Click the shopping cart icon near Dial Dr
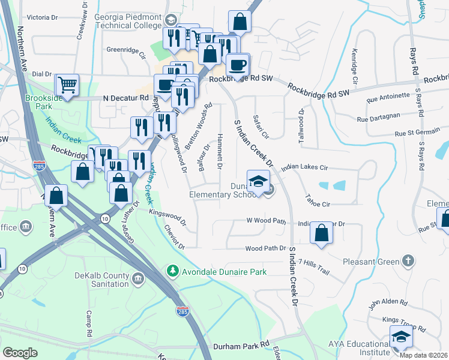[67, 85]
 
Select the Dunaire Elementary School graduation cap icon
[258, 181]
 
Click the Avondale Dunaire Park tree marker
[173, 272]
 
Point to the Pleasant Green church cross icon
[408, 261]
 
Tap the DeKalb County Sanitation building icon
[137, 278]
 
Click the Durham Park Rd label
[241, 347]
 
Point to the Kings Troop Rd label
[404, 322]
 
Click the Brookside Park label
[43, 102]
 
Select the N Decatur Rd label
[125, 97]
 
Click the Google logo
[20, 353]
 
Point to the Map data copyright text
[423, 355]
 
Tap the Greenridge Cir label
[126, 52]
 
